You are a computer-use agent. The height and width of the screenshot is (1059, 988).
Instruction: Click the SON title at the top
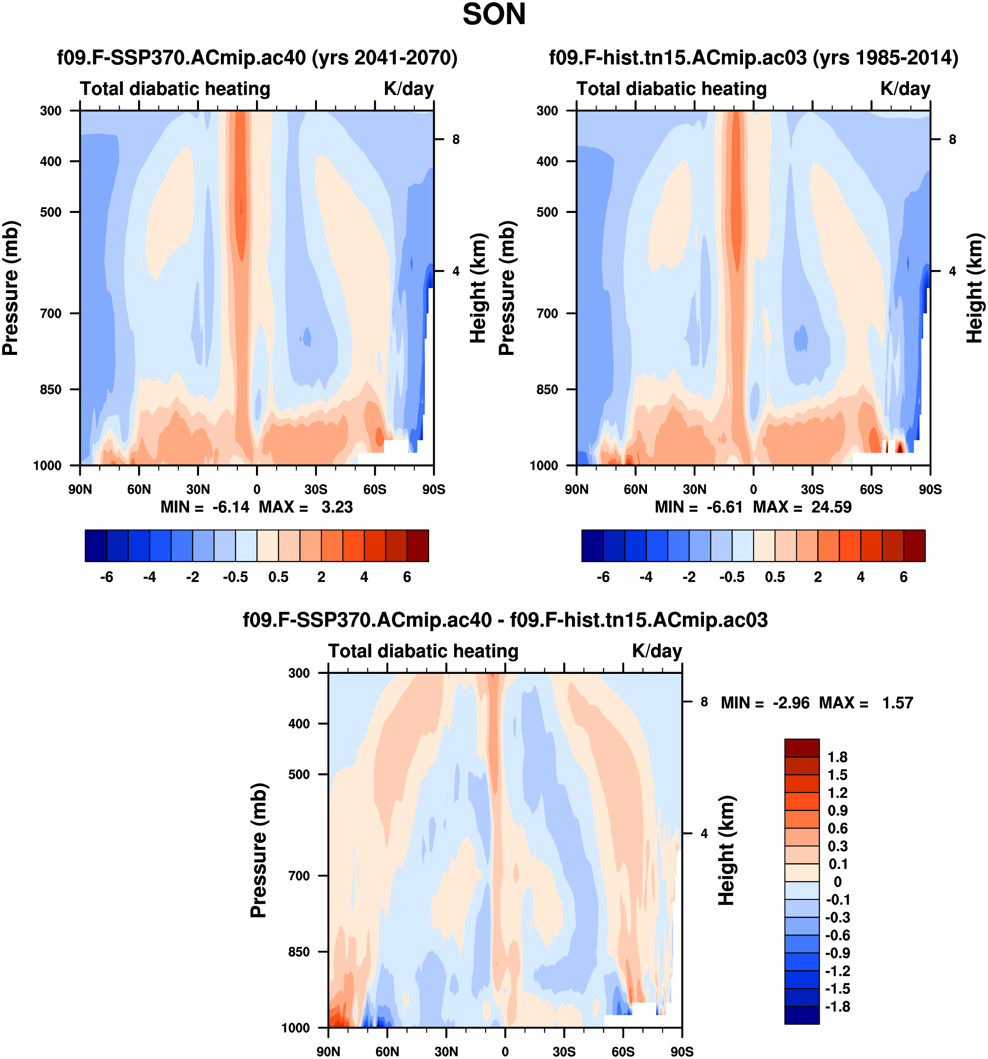click(494, 14)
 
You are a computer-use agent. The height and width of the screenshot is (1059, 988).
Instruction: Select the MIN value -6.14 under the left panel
click(231, 507)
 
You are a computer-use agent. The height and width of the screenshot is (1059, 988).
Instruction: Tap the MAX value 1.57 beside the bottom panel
click(897, 703)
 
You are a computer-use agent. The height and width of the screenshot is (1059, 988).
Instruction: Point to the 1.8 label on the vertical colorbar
click(837, 757)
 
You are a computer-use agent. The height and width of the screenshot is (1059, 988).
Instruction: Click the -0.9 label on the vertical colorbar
click(837, 953)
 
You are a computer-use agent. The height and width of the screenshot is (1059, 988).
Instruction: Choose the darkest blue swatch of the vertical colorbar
click(801, 1015)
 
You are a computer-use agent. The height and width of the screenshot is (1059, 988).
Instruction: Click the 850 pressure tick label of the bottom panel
click(299, 952)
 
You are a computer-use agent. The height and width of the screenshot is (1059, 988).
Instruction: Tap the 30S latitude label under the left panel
click(316, 489)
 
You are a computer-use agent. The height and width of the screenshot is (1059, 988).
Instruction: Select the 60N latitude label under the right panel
click(635, 489)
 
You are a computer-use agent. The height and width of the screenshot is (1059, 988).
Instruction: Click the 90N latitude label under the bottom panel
click(328, 1052)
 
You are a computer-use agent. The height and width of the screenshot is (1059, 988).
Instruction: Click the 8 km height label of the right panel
click(952, 140)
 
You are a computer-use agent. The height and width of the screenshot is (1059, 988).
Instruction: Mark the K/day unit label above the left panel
click(409, 89)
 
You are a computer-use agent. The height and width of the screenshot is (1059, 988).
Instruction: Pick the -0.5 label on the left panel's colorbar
click(235, 577)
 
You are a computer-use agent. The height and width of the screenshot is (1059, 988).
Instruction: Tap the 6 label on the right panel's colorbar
click(903, 577)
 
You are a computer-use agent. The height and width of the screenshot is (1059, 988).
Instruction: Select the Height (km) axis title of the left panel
click(478, 288)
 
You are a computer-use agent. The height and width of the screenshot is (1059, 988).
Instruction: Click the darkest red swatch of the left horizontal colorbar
click(417, 545)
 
